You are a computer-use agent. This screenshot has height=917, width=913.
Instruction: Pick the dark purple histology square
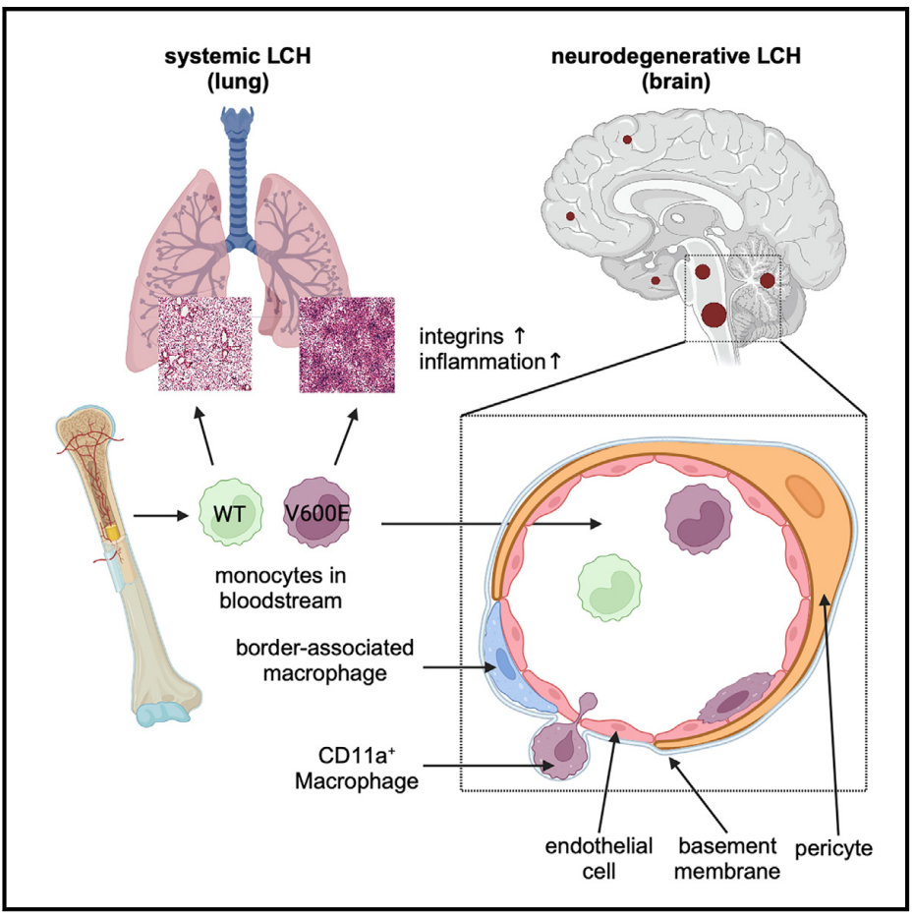346,344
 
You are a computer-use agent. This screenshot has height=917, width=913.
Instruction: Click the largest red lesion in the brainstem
713,315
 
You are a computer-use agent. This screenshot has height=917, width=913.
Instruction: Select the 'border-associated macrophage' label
325,660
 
